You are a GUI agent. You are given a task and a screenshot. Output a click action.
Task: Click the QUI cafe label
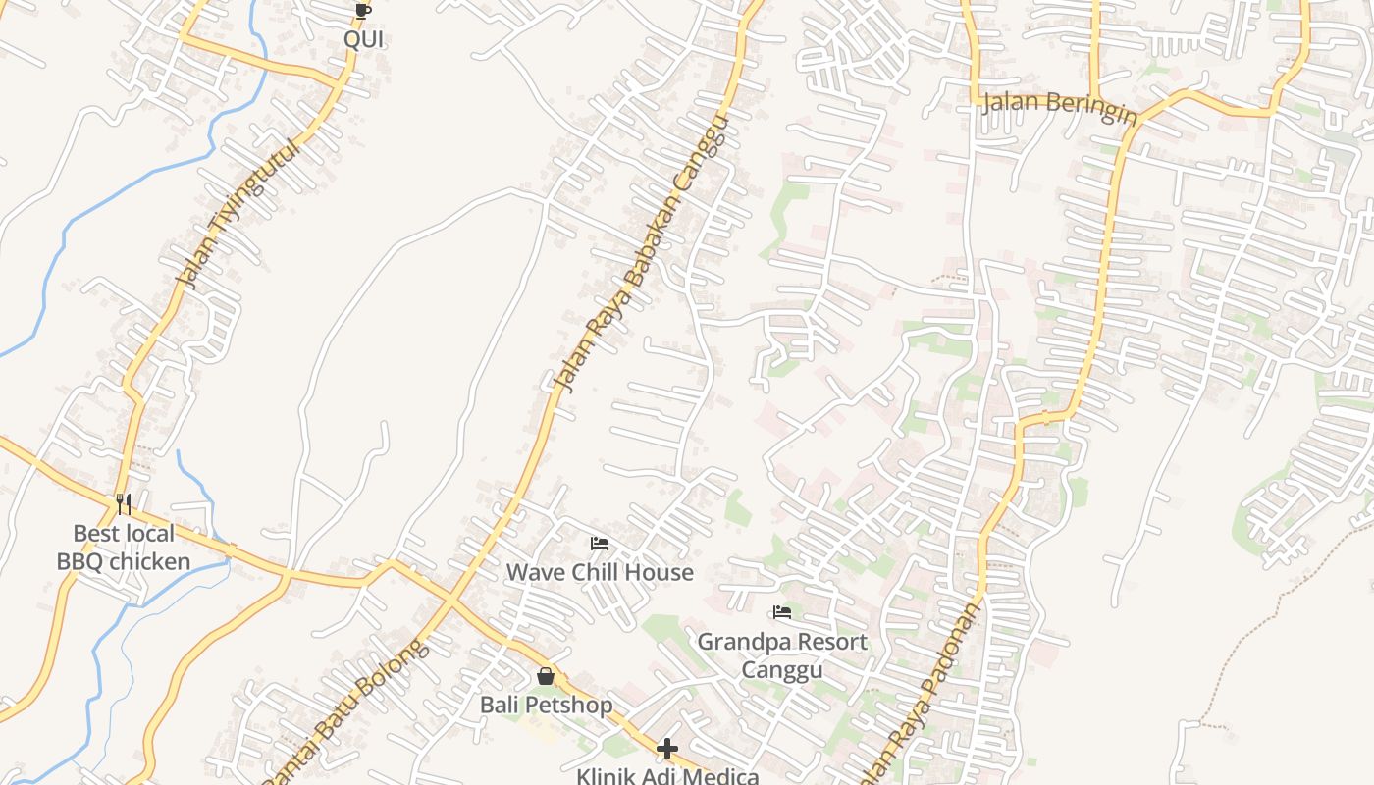(x=363, y=40)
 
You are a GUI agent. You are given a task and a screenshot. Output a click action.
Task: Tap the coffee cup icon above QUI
(x=362, y=11)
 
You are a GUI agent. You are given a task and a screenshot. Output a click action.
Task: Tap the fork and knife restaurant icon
(x=124, y=504)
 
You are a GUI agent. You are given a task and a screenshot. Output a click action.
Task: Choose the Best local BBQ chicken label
(x=124, y=548)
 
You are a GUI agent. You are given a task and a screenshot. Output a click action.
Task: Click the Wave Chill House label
(x=600, y=572)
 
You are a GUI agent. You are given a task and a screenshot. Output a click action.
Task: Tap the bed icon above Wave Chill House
(x=600, y=544)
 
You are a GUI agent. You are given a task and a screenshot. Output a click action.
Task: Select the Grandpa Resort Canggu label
(x=782, y=655)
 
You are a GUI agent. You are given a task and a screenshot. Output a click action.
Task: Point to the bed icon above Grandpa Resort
(x=782, y=613)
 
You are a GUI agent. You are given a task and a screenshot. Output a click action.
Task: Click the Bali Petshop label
(x=546, y=705)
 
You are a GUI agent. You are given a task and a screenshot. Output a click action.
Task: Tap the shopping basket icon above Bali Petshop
(x=546, y=676)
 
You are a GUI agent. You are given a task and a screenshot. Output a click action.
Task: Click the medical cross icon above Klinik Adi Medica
(x=667, y=750)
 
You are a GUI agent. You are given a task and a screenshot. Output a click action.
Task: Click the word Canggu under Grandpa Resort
(x=782, y=670)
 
